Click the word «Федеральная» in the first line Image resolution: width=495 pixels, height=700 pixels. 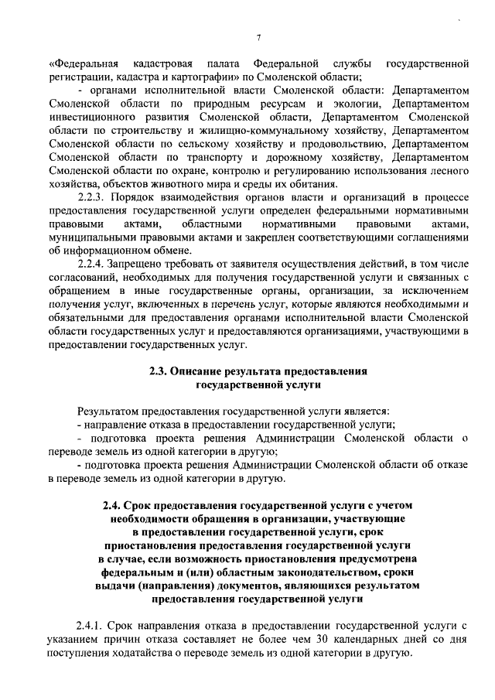[84, 63]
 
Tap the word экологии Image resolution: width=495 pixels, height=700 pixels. [355, 103]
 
